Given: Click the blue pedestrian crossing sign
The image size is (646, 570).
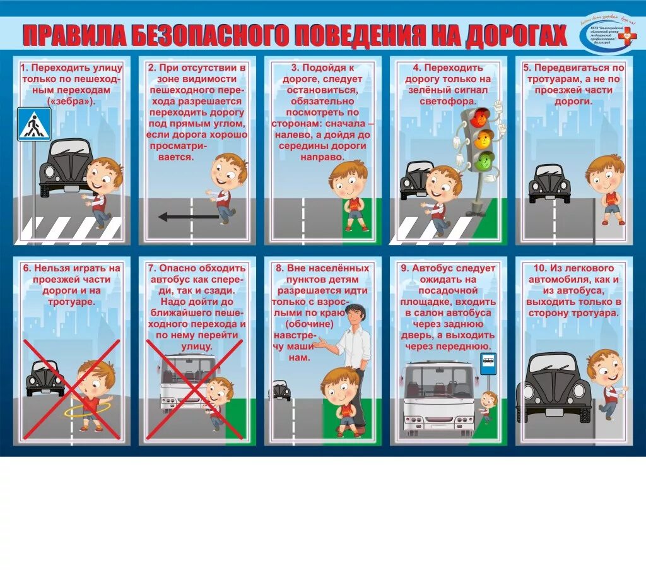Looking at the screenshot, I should coord(33,124).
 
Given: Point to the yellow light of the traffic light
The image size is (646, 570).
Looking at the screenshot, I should coord(483,138).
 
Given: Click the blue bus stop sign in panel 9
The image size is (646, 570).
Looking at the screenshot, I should coord(488,364).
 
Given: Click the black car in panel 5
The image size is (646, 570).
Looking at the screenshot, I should coord(549,184).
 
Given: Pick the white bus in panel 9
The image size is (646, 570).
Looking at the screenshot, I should coord(438,398).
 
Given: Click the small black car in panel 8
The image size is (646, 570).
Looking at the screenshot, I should coord(280,391).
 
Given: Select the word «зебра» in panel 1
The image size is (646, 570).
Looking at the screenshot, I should coord(71,101).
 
